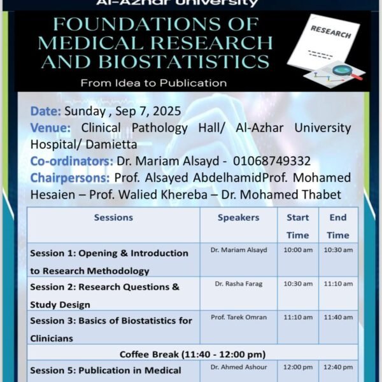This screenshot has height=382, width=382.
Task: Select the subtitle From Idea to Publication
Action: (153, 83)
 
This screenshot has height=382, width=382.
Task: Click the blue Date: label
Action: (46, 111)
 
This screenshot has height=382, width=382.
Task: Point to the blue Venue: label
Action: (50, 128)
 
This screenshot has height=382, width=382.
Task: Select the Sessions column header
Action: (113, 217)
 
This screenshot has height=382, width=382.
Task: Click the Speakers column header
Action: (239, 217)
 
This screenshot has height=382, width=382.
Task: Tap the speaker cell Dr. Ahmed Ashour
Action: (239, 367)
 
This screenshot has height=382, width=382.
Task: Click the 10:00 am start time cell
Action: (298, 250)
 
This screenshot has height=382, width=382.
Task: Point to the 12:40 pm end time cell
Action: (338, 367)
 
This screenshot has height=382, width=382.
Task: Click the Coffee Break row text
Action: (192, 353)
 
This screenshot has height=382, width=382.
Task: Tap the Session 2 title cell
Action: (104, 295)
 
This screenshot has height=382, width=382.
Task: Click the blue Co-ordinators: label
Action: (71, 160)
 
